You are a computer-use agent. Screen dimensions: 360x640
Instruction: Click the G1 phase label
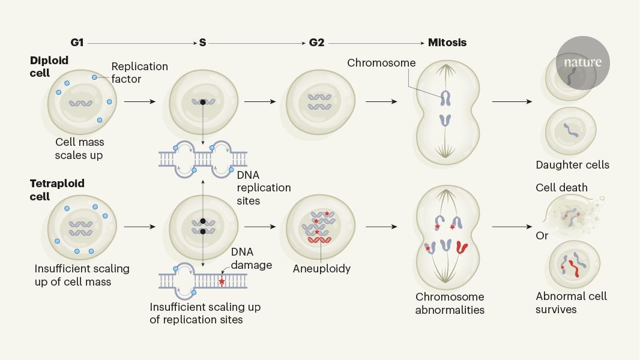point(76,43)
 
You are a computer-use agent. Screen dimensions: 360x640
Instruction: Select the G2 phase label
point(316,43)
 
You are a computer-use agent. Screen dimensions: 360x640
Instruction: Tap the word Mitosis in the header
point(447,43)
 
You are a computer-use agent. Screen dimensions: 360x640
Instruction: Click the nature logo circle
point(582,62)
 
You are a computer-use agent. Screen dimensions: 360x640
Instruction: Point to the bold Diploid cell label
point(49,67)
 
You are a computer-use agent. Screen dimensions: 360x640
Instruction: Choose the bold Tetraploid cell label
point(57,190)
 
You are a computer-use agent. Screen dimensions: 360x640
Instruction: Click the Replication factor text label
point(139,72)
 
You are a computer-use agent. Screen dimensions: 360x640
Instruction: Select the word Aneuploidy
point(321,269)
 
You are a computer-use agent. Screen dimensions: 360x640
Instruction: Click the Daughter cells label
point(572,165)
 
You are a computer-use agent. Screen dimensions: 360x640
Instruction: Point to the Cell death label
point(561,188)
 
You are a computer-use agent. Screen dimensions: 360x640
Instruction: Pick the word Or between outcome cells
point(542,236)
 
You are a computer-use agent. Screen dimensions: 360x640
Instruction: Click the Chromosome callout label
point(381,63)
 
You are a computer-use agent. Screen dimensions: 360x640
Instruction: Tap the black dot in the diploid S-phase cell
point(204,103)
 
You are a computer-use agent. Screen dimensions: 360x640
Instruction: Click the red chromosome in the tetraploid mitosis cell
point(462,247)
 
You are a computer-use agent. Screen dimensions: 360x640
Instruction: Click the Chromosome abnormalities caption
point(450,303)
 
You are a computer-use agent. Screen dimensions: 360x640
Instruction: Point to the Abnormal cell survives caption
point(571,302)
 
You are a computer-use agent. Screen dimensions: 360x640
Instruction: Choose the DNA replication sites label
point(264,187)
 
